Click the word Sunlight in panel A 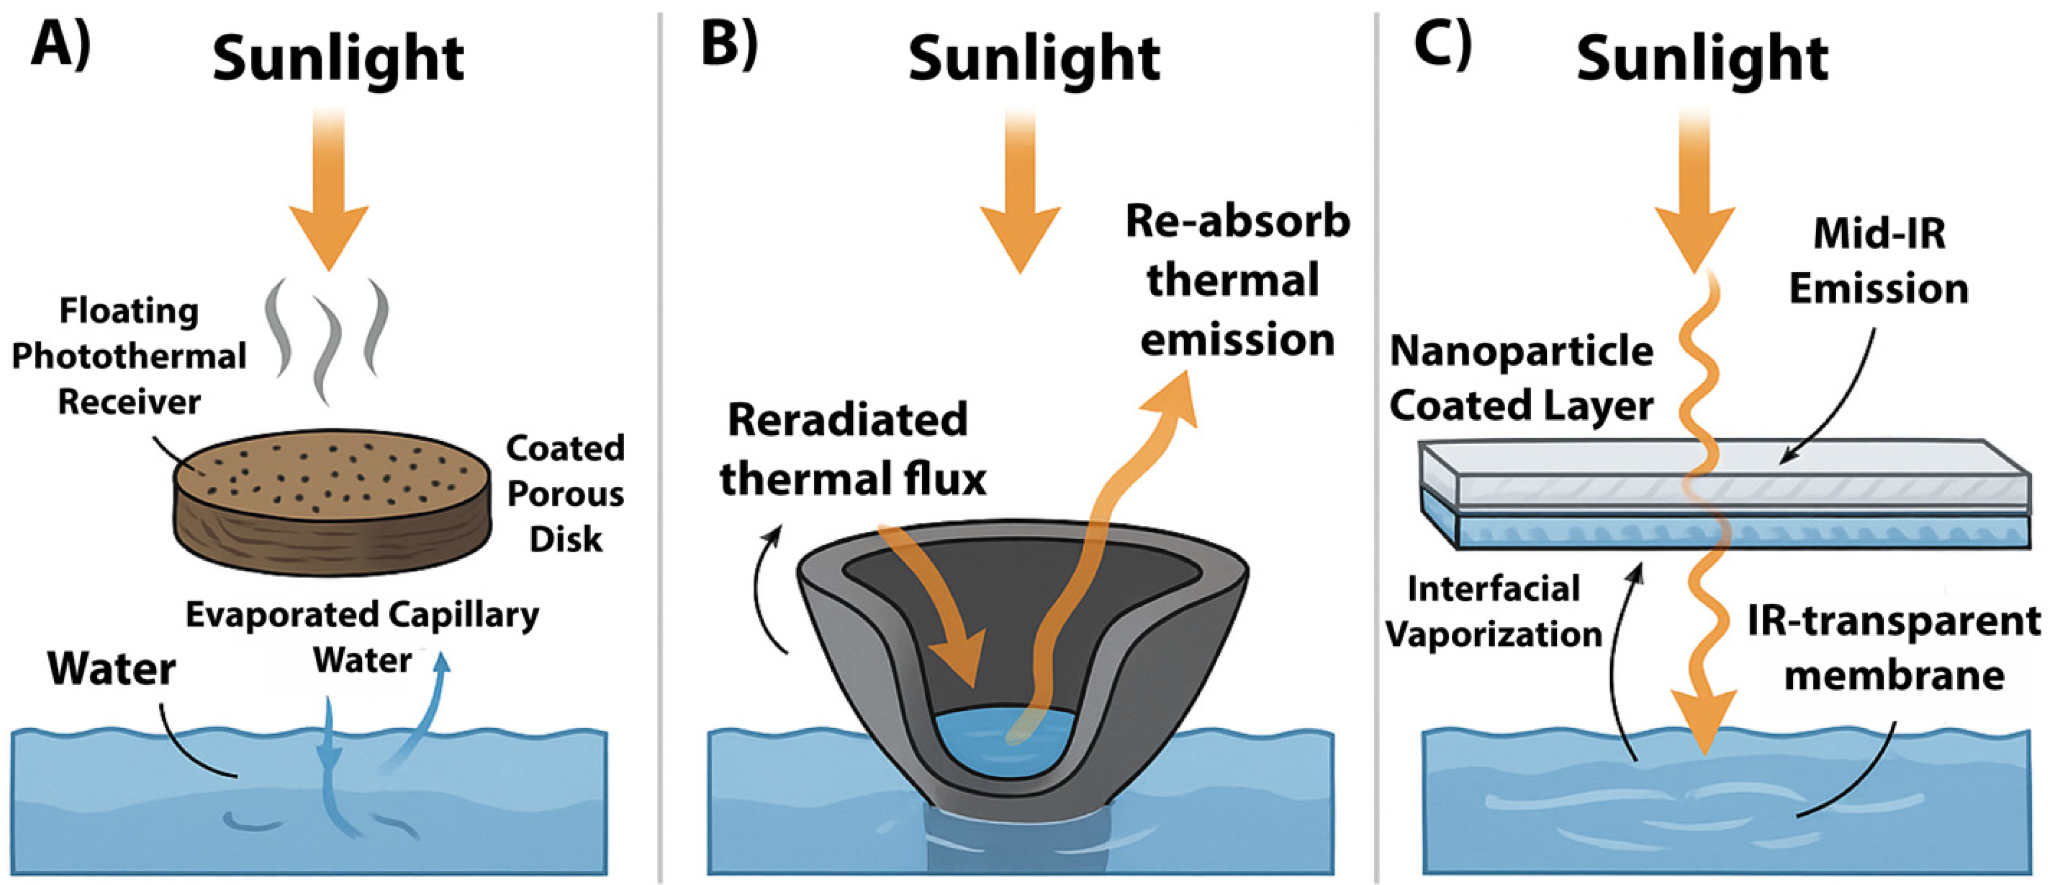pyautogui.click(x=338, y=60)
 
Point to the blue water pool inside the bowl pyautogui.click(x=1002, y=743)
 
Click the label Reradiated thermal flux pyautogui.click(x=852, y=450)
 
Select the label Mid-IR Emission pyautogui.click(x=1878, y=261)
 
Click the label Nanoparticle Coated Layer pyautogui.click(x=1521, y=379)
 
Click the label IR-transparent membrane pyautogui.click(x=1894, y=649)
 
